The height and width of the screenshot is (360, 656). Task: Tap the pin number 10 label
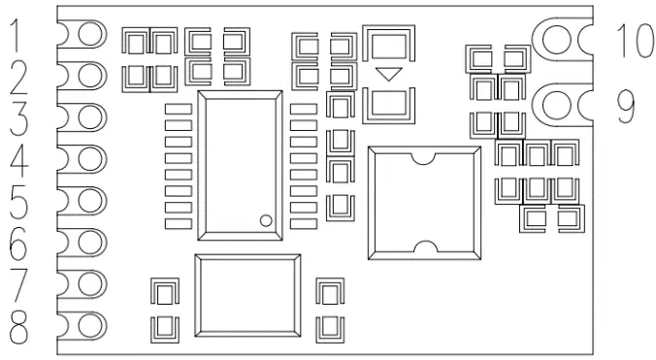[x=635, y=40]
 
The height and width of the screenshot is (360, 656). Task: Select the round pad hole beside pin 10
[x=557, y=39]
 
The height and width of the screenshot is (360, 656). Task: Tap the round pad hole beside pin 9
[x=557, y=103]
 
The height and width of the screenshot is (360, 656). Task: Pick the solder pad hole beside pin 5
[x=91, y=201]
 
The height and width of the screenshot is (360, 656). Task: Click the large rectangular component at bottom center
[x=246, y=295]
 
